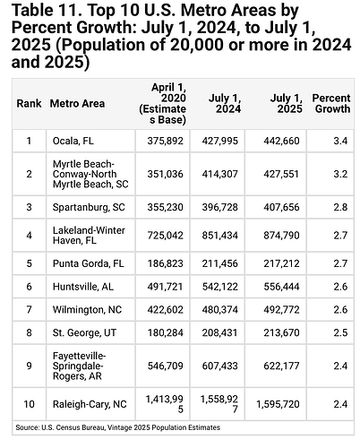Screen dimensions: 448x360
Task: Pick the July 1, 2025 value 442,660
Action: pos(273,140)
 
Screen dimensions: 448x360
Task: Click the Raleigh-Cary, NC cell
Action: pos(89,404)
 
